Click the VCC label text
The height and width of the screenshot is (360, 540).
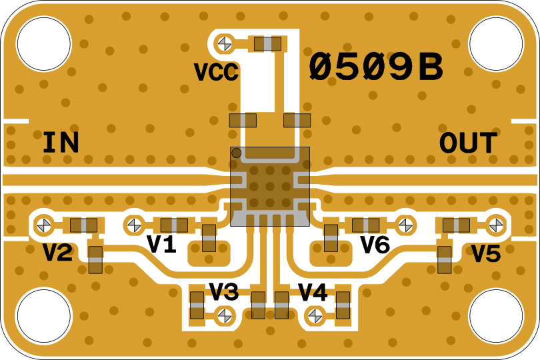click(215, 72)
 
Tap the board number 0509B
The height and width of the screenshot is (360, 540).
click(376, 68)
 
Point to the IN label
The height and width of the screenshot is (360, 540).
click(61, 143)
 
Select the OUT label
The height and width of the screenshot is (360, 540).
click(468, 143)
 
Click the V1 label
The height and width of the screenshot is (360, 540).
click(161, 245)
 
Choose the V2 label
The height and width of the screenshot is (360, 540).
click(58, 253)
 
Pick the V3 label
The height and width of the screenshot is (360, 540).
click(223, 291)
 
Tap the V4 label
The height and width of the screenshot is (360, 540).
click(313, 291)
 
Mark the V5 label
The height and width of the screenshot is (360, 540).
click(486, 253)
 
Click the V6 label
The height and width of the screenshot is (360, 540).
click(375, 245)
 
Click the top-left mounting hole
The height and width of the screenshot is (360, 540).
click(43, 43)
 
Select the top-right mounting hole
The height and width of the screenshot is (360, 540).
click(496, 43)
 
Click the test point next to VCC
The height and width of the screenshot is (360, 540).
click(225, 44)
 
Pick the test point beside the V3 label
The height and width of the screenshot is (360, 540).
click(226, 315)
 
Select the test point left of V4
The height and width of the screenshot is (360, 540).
click(314, 315)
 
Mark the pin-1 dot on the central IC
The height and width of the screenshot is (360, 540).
click(236, 153)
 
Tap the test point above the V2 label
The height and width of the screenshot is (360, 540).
click(45, 225)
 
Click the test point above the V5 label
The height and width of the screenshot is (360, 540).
click(495, 225)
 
